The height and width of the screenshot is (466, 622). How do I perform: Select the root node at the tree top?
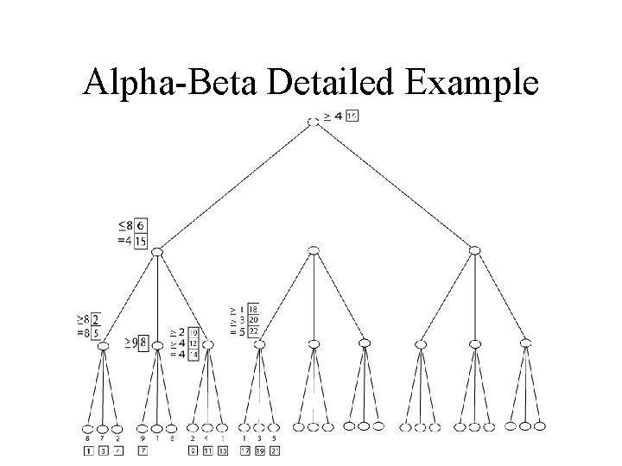point(314,122)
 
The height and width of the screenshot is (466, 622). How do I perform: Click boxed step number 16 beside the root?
point(352,116)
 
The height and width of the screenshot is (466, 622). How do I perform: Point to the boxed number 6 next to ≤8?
point(140,226)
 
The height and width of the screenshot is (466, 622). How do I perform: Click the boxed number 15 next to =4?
point(140,241)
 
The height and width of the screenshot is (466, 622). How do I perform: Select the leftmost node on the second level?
point(156,251)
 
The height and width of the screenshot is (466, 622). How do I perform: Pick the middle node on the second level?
point(314,250)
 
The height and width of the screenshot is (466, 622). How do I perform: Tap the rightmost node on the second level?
point(473,250)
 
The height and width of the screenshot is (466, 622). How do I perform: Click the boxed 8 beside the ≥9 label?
point(143,342)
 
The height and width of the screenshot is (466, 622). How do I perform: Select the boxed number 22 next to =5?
point(253,331)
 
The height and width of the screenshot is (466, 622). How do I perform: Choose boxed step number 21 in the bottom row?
point(275,450)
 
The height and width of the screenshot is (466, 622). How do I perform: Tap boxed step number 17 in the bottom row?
point(244,450)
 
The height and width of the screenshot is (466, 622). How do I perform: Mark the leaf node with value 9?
point(142,426)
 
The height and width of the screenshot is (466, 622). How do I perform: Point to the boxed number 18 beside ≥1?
point(253,309)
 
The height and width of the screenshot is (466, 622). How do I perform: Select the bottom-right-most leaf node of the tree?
point(540,425)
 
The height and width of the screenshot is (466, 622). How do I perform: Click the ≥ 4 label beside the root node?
point(333,116)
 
